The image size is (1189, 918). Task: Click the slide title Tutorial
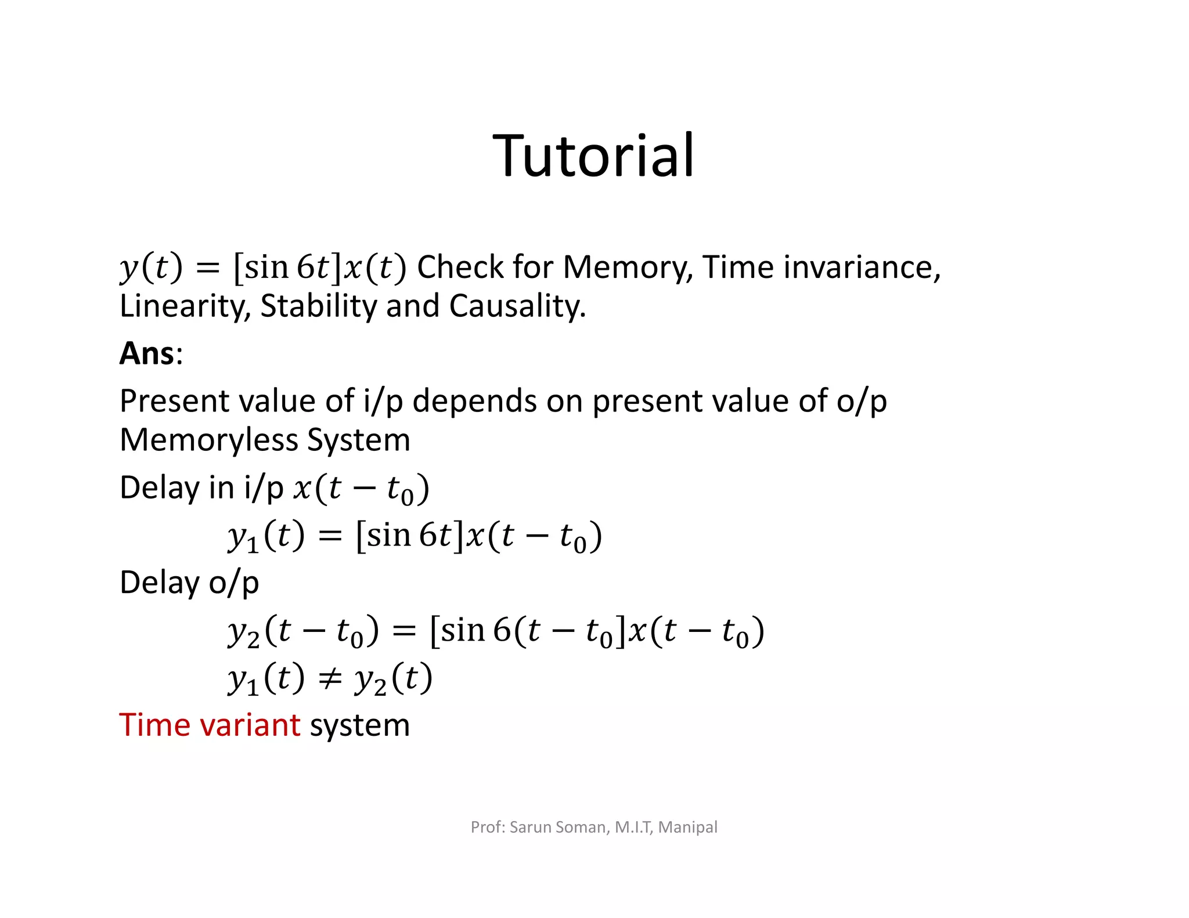593,156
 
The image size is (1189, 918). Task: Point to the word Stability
318,306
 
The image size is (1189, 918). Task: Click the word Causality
517,306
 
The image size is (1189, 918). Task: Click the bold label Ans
147,353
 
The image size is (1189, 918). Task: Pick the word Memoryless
209,440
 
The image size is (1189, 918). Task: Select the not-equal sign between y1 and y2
330,679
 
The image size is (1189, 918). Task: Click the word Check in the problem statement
460,268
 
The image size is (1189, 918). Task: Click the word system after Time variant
360,725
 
